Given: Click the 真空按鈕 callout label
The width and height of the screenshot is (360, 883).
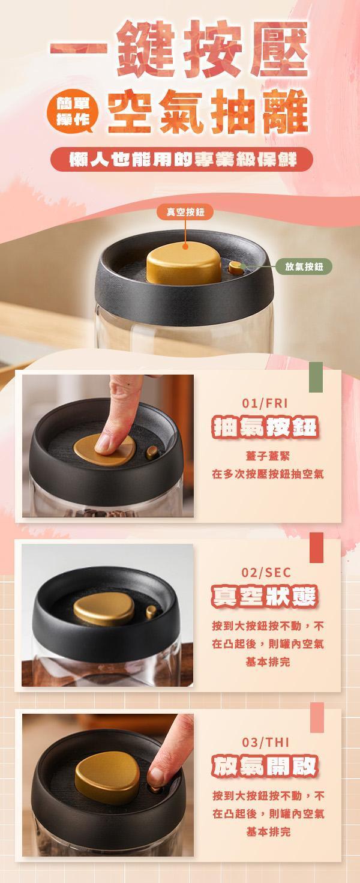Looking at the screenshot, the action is click(x=185, y=212).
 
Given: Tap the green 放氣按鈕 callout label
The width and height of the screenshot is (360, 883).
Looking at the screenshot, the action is click(x=304, y=267).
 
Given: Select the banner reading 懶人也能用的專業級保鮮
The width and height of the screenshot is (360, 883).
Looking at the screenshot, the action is click(x=182, y=159).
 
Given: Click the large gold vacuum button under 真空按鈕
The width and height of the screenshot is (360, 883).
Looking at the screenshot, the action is click(x=184, y=262).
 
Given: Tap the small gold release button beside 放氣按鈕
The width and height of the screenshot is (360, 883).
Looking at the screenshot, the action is click(x=236, y=268).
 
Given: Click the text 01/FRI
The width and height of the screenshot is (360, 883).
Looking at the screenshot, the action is click(x=265, y=403).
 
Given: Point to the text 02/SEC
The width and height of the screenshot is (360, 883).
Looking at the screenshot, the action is click(x=266, y=573).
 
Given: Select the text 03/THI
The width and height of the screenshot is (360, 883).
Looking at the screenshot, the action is click(x=266, y=743).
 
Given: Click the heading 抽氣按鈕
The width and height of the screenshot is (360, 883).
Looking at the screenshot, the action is click(x=265, y=427).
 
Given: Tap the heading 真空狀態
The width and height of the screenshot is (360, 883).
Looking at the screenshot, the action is click(x=265, y=597).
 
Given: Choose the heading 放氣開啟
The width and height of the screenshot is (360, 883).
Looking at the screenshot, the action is click(x=265, y=767).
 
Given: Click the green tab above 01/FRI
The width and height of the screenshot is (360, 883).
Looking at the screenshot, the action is click(x=316, y=377).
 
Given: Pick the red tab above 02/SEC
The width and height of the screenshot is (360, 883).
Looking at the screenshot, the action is click(x=316, y=547).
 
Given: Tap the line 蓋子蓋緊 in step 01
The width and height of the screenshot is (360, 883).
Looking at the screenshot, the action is click(x=268, y=456).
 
